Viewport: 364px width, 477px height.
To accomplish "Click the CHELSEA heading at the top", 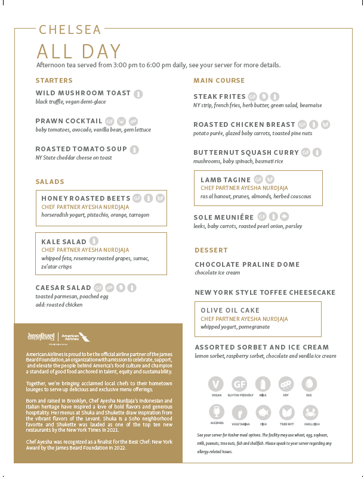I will point(70,30).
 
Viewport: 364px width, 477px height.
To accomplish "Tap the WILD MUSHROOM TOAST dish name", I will point(83,93).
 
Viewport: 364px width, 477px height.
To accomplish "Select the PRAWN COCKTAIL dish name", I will point(69,121).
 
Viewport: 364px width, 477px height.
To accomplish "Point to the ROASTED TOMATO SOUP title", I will point(81,149).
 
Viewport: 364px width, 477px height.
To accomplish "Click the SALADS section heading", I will point(50,182).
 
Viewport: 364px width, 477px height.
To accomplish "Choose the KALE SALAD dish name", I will point(64,242).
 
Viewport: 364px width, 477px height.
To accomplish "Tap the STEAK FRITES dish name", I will point(220,96).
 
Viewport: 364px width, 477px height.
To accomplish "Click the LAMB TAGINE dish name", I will point(225,179).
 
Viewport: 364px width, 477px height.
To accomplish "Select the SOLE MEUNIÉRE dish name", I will point(224,218).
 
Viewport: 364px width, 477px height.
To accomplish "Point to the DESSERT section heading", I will point(211,250).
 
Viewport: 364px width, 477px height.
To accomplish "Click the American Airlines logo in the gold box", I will point(70,337).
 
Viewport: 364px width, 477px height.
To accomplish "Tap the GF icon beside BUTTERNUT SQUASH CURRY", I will point(306,152).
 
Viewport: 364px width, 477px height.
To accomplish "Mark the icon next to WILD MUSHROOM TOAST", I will point(138,93).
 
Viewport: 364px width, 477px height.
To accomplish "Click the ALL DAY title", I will point(79,52).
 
